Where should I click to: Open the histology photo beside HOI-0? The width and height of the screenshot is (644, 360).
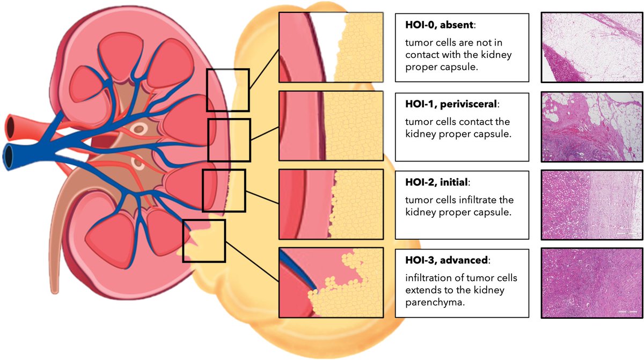point(591,47)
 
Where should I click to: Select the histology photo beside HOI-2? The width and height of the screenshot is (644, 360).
point(591,204)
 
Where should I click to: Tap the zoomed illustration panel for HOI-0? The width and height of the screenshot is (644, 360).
point(331,47)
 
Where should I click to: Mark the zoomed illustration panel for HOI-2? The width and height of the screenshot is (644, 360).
point(331,204)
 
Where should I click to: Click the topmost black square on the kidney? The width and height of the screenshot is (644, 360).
point(228,90)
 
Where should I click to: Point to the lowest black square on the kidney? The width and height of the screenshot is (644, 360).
point(204,240)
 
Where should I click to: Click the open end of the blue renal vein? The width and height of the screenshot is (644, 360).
point(10,156)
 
